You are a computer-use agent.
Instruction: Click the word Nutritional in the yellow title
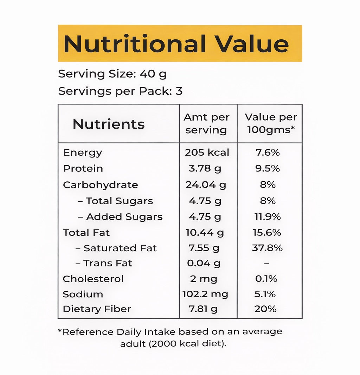click(135, 44)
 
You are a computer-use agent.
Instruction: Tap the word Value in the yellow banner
click(252, 44)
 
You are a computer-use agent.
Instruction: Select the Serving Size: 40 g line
click(112, 74)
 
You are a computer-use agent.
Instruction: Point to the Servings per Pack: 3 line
click(120, 91)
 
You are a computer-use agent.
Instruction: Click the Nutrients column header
click(109, 124)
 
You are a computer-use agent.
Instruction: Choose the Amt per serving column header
click(206, 123)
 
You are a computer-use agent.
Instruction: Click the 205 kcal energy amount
click(207, 153)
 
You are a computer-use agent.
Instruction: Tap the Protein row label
click(83, 169)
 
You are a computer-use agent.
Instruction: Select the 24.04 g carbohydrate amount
click(206, 185)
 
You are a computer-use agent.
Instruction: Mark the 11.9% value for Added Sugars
click(268, 217)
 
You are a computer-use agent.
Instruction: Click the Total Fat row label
click(86, 233)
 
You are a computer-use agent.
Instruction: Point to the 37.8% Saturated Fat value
click(267, 248)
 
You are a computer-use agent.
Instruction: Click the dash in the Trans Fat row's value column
click(266, 263)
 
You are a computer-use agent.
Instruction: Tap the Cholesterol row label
click(93, 279)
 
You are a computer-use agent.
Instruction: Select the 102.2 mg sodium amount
click(205, 294)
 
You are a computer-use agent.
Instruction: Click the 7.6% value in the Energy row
click(268, 153)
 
